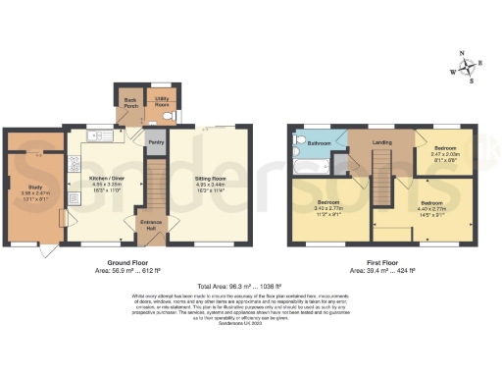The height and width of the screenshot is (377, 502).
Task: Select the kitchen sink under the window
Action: point(98,135)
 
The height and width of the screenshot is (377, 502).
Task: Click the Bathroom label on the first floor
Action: point(319,143)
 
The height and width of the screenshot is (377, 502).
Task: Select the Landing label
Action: point(381,143)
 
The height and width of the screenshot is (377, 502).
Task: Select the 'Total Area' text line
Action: point(251,286)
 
